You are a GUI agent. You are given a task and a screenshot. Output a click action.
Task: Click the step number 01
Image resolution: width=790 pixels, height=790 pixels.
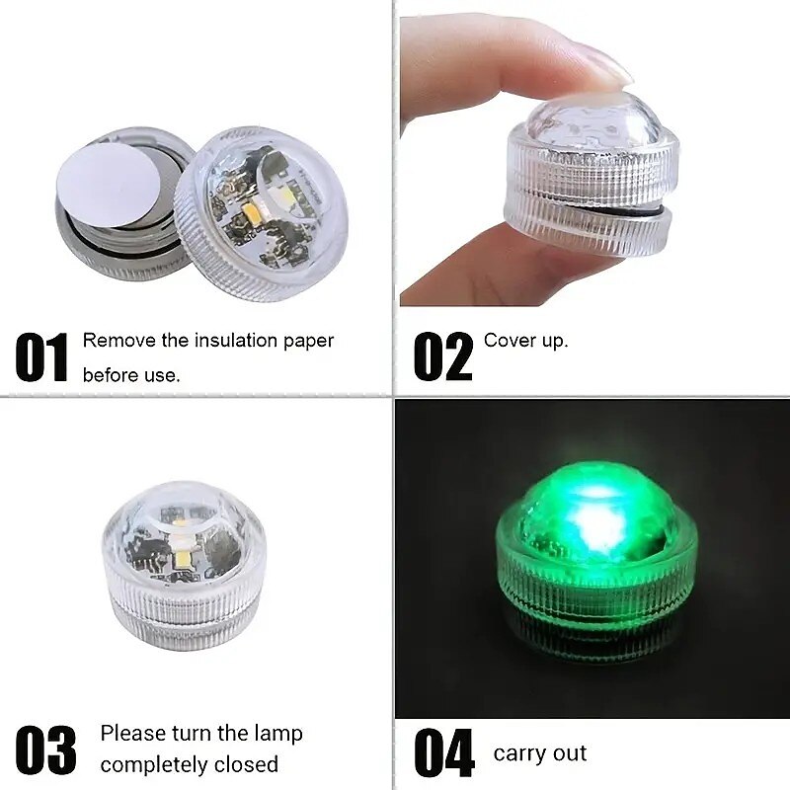pos(41,356)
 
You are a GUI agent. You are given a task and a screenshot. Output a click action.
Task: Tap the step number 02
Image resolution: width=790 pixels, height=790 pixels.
pos(443,356)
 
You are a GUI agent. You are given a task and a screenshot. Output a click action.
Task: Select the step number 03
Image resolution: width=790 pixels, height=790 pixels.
pos(45,750)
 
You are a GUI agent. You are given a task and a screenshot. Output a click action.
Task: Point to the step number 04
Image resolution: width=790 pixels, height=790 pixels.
pos(444,752)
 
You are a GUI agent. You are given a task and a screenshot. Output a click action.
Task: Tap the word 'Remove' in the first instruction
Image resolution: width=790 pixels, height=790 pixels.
pos(119,341)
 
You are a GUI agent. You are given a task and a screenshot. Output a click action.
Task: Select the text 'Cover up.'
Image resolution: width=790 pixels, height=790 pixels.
pos(526,341)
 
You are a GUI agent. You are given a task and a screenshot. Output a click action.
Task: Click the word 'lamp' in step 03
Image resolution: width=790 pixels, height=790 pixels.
pos(278,734)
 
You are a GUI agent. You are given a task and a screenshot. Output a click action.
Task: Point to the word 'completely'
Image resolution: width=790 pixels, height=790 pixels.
pos(154,764)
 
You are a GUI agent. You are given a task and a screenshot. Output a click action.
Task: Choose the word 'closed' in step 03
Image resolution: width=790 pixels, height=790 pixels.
pos(246,764)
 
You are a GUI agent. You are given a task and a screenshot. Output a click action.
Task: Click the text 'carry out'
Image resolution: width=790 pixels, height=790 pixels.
pos(539,753)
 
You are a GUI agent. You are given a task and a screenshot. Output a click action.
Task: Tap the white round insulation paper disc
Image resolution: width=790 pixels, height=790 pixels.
pos(107,178)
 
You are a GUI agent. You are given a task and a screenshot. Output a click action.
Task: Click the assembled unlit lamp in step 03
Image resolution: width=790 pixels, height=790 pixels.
pos(183,564)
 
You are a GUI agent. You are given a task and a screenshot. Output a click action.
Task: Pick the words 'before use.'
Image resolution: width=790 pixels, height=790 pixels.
pos(131,375)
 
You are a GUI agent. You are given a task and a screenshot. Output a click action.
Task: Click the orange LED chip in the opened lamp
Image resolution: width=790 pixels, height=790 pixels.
pos(250,207)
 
